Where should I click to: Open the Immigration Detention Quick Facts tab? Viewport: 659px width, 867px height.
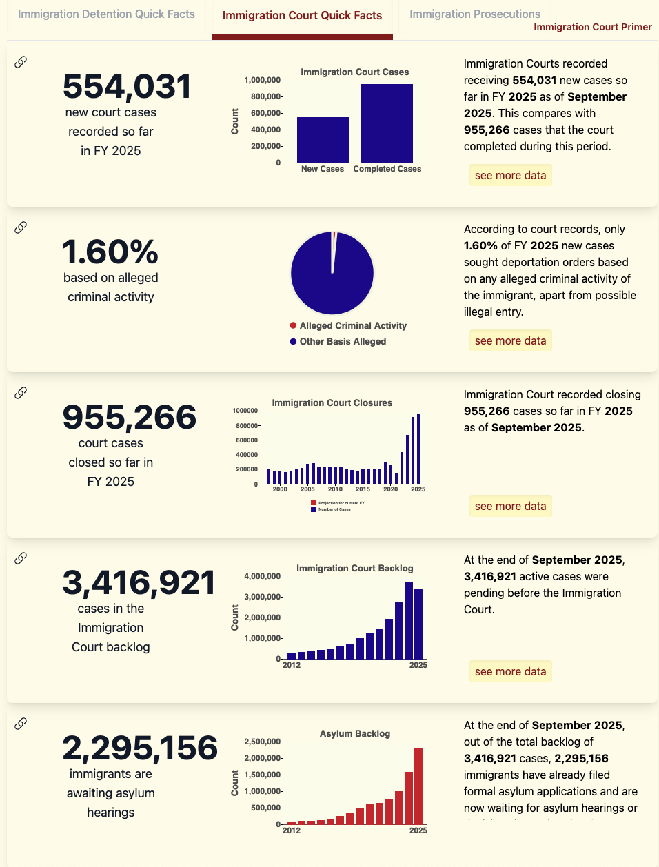106,14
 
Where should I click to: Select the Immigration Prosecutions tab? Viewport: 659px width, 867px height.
475,14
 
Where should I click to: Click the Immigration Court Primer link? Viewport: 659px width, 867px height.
593,27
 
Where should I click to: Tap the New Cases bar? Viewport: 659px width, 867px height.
323,140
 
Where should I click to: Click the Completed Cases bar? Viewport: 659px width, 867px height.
387,124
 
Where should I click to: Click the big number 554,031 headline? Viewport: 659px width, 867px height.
127,87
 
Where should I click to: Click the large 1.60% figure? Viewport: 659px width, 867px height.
110,252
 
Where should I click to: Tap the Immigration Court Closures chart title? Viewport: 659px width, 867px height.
332,402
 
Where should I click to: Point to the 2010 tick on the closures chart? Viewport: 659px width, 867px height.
335,489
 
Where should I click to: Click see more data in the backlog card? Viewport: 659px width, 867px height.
510,671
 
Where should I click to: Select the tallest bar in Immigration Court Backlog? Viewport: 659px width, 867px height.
409,621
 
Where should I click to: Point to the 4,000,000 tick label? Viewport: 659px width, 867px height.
262,576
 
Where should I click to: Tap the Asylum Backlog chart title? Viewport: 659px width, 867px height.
354,733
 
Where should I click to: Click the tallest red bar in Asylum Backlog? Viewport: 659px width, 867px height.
418,786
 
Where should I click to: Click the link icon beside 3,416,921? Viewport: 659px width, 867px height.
21,558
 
